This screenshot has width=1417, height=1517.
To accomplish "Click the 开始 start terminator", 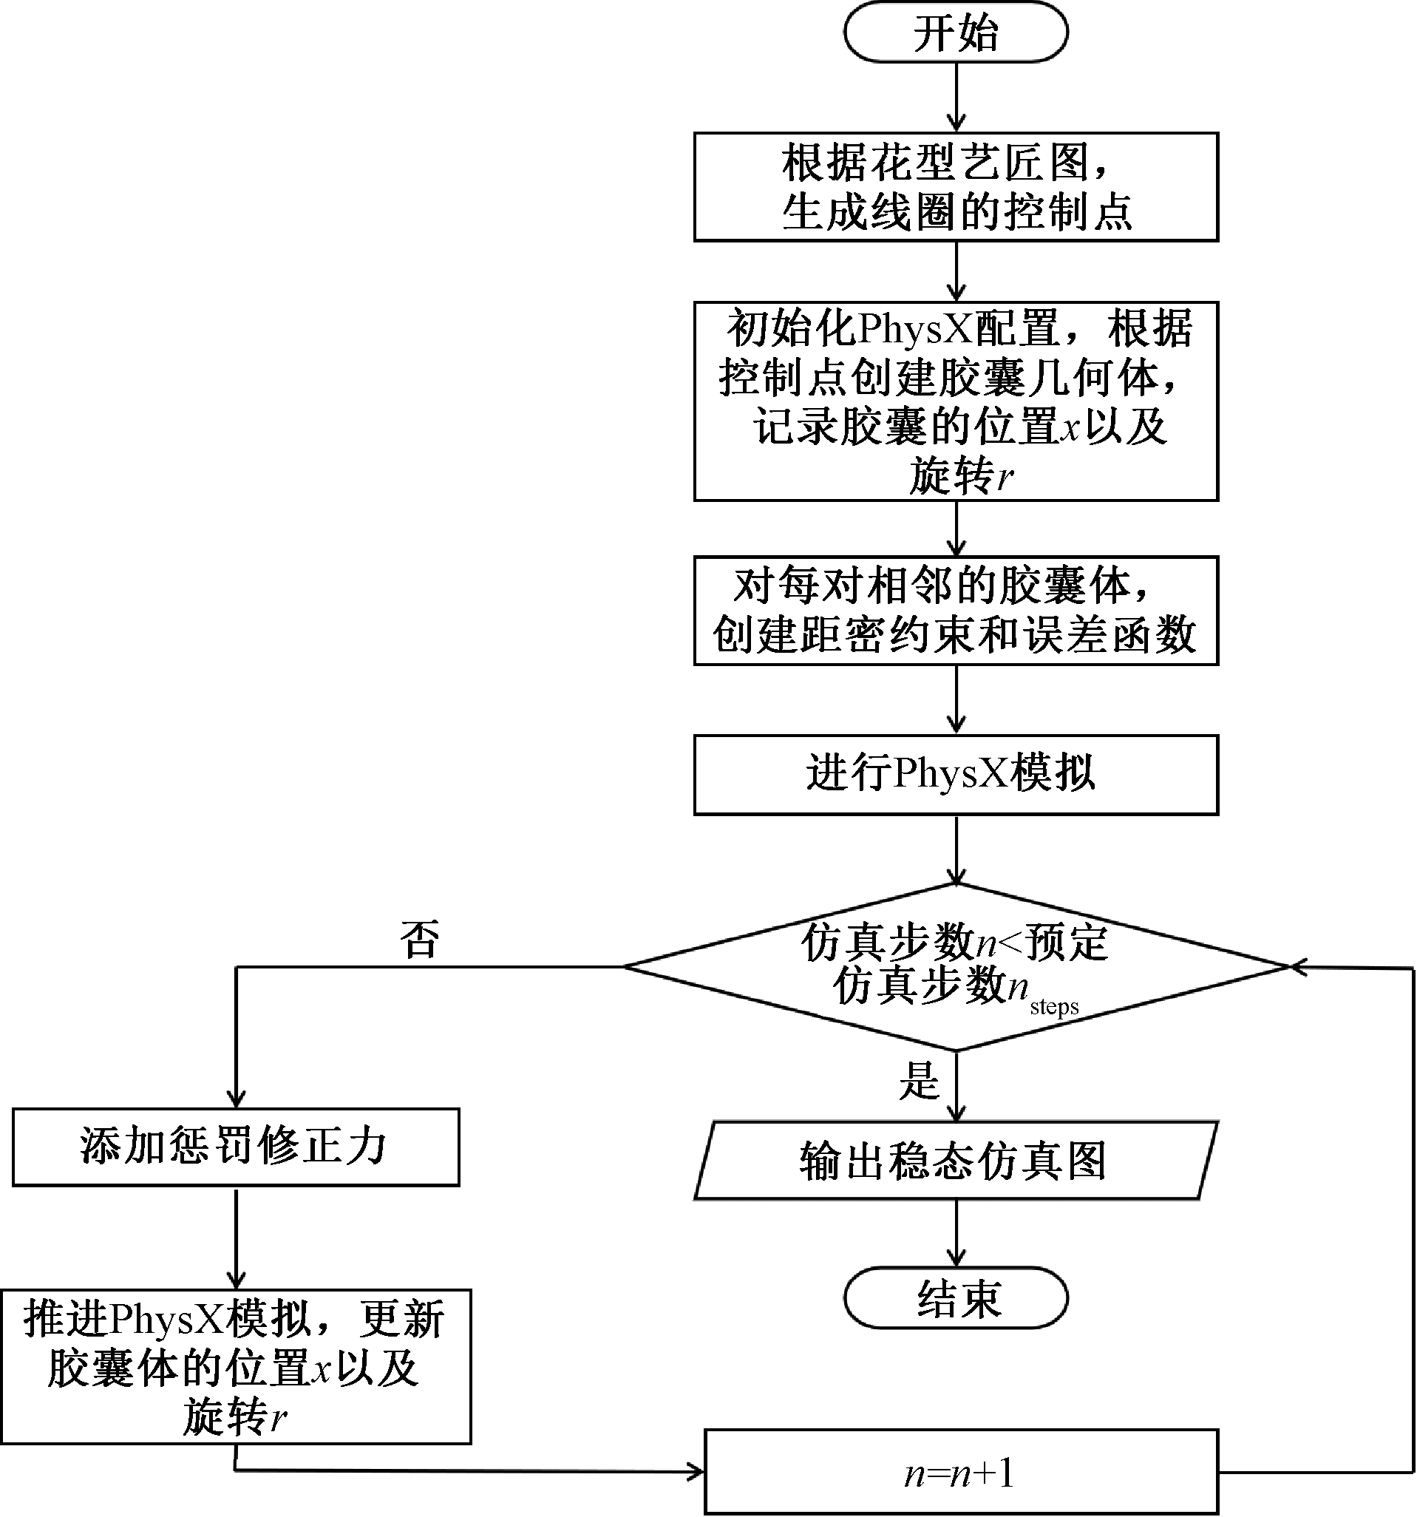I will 955,32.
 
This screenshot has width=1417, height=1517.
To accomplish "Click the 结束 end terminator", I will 955,1299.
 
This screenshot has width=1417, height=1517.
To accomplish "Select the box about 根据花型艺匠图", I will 955,187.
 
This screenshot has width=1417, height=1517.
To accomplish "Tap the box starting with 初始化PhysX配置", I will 955,401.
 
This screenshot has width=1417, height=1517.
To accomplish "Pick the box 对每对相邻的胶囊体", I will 955,611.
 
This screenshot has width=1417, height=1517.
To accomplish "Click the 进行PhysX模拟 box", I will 955,775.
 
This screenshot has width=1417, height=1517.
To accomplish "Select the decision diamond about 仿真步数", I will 955,966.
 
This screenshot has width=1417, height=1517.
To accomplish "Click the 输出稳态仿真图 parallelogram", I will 955,1161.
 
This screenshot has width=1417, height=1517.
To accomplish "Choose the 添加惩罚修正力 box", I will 236,1147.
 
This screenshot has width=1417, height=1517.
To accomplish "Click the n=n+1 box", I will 960,1472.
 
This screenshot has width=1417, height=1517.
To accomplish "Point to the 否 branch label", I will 420,940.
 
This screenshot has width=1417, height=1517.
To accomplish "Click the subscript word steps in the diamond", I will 1054,1007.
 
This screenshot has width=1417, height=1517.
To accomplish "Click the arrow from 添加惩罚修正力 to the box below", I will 237,1236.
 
